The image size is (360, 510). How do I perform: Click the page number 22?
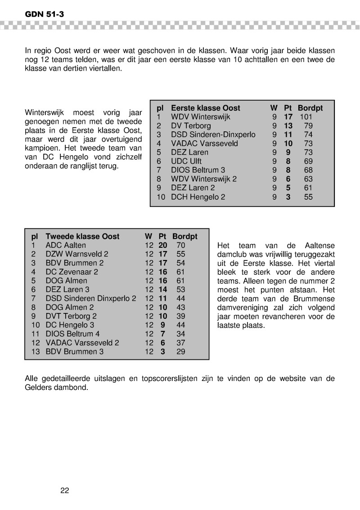(64, 490)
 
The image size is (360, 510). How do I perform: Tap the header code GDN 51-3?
(45, 14)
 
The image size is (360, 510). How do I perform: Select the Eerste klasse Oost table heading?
(206, 108)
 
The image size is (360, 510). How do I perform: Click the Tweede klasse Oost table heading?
(83, 237)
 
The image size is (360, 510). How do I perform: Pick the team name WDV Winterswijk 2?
(204, 179)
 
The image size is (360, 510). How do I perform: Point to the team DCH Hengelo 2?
(198, 197)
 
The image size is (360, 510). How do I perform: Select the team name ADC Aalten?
(66, 246)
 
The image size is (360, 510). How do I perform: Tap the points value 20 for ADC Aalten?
(163, 246)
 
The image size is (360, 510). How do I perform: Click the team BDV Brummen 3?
(75, 352)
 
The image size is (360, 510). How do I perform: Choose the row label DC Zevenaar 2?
(72, 272)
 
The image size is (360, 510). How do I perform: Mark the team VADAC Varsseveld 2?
(82, 343)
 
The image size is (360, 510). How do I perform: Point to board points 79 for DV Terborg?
(308, 126)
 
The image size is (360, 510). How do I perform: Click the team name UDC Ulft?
(186, 161)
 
